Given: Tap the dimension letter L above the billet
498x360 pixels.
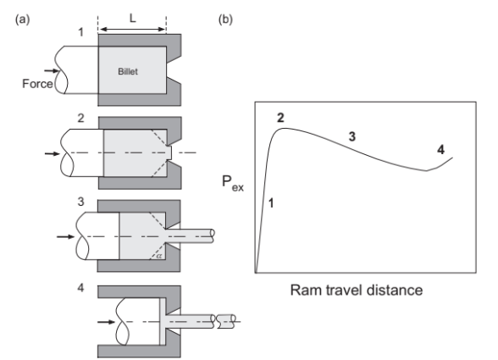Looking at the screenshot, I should click(133, 17).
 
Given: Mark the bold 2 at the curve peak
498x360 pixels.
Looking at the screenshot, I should click(280, 118).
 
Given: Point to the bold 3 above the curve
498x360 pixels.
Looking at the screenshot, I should click(351, 136).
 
